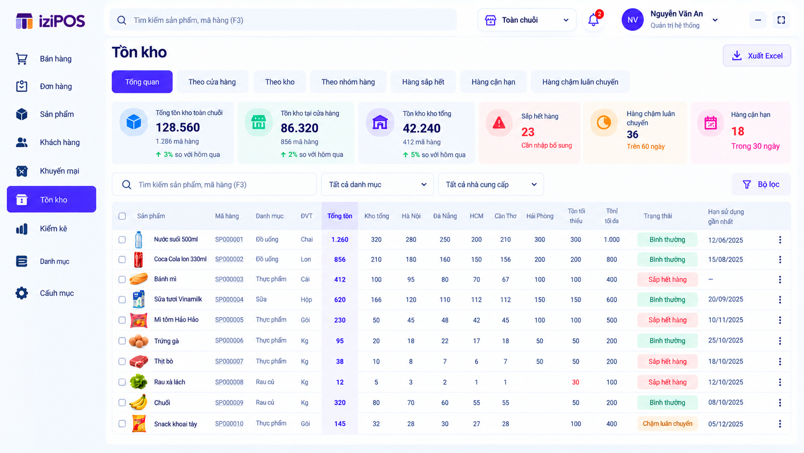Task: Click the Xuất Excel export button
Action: (756, 56)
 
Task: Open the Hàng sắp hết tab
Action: (423, 82)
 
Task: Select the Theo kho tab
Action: (279, 82)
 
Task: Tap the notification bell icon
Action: (593, 20)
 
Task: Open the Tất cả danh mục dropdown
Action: (377, 184)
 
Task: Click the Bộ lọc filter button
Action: (761, 184)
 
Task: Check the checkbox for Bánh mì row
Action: (122, 280)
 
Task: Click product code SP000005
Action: (229, 320)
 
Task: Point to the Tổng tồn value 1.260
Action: (339, 240)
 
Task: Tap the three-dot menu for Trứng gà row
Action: (780, 341)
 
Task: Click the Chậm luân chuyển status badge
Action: (667, 424)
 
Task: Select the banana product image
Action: (138, 402)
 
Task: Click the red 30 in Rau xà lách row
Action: (576, 382)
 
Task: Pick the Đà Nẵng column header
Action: (445, 216)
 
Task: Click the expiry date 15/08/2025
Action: (726, 259)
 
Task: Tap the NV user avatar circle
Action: (632, 20)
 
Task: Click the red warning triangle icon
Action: (499, 123)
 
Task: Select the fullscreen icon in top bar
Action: (781, 20)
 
